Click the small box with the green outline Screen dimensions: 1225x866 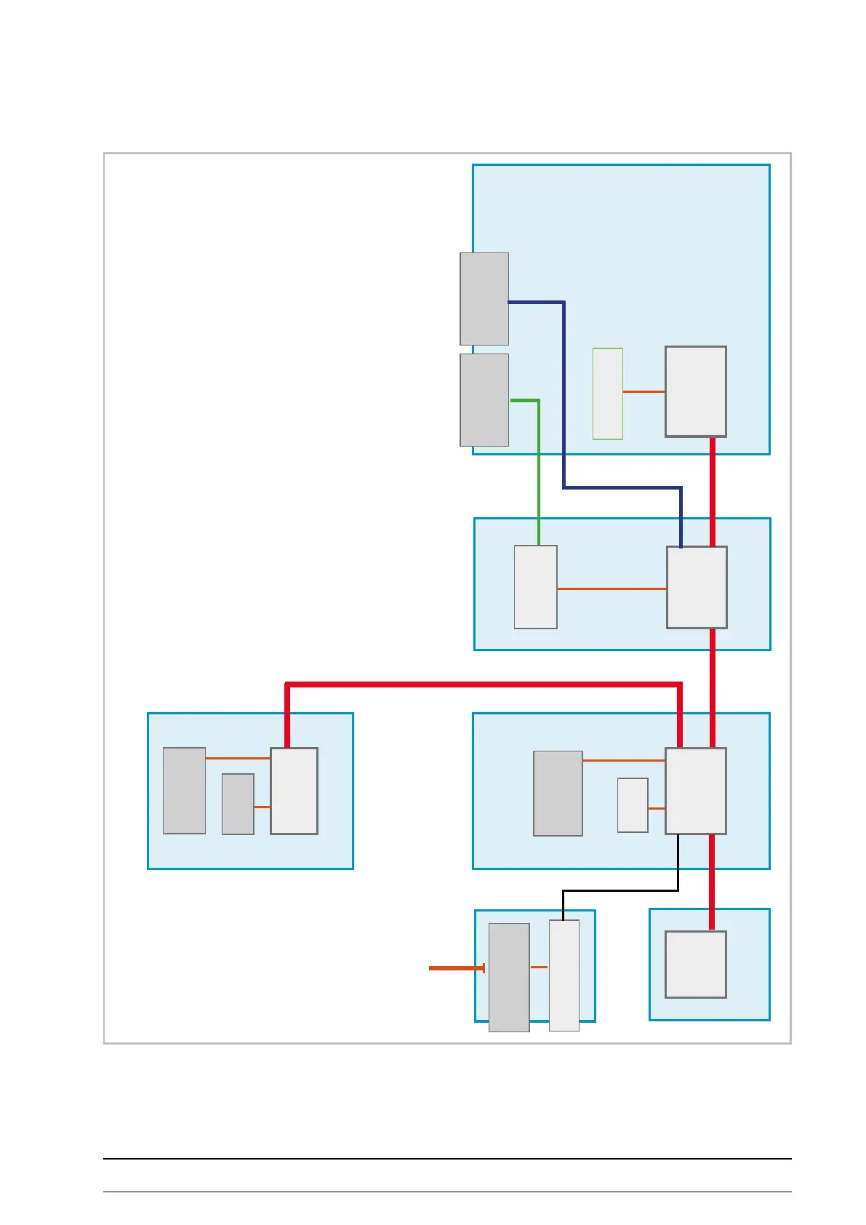(x=607, y=394)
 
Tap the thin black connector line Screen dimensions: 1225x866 (x=618, y=890)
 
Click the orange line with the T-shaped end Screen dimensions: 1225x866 (x=455, y=968)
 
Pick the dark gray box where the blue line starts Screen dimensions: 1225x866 (x=484, y=299)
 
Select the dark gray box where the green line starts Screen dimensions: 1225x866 (x=484, y=400)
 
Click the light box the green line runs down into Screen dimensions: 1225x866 (x=535, y=587)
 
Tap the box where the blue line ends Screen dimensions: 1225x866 (x=697, y=587)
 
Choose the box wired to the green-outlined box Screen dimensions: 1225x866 (x=695, y=391)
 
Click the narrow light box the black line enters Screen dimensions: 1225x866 (x=564, y=975)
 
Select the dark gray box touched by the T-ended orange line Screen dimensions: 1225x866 (x=508, y=977)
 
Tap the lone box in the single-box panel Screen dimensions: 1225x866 (x=695, y=964)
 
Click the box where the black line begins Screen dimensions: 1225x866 (x=695, y=791)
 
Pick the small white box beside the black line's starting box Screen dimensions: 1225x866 (x=633, y=805)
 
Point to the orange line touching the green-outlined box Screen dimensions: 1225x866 (x=644, y=391)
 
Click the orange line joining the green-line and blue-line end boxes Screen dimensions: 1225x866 (x=612, y=588)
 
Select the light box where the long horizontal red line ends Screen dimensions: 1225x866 (x=294, y=791)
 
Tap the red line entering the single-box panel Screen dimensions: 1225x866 (x=711, y=882)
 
